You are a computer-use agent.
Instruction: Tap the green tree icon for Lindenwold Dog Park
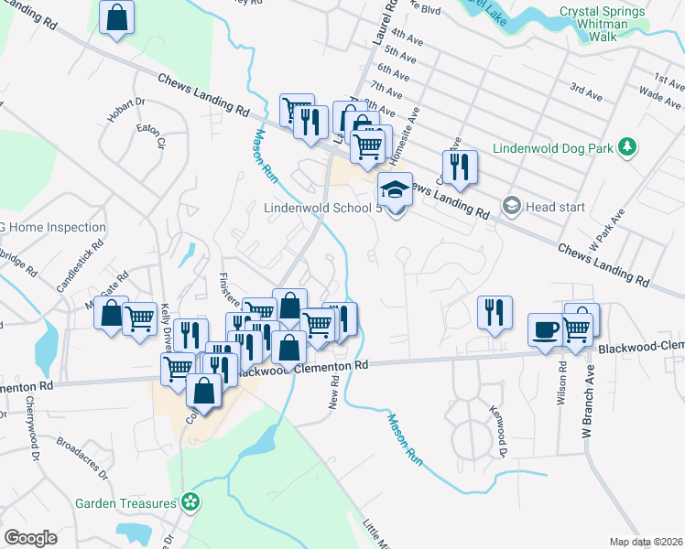[x=627, y=146]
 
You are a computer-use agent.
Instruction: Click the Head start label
[x=555, y=207]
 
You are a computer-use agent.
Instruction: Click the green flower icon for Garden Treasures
[x=190, y=501]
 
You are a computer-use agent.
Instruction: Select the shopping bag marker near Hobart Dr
[x=117, y=17]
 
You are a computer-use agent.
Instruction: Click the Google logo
[x=31, y=538]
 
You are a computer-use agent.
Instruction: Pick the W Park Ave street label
[x=608, y=231]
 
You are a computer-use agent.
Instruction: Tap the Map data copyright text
[x=646, y=542]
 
